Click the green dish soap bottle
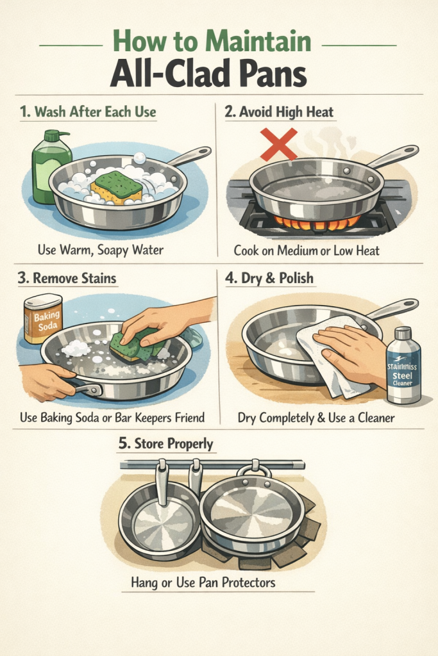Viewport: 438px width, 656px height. pyautogui.click(x=50, y=167)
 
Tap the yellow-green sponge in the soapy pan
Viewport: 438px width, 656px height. pyautogui.click(x=117, y=187)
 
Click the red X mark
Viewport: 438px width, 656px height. pyautogui.click(x=278, y=144)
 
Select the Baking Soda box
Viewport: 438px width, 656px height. pyautogui.click(x=44, y=318)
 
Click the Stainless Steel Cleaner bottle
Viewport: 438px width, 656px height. pyautogui.click(x=403, y=365)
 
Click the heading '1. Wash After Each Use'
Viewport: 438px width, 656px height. pyautogui.click(x=88, y=111)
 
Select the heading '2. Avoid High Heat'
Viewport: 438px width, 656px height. pyautogui.click(x=279, y=111)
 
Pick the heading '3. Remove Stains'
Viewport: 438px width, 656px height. pyautogui.click(x=67, y=278)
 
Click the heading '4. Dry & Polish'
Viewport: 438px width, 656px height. pyautogui.click(x=270, y=278)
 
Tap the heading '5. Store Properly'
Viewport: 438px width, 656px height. pyautogui.click(x=166, y=444)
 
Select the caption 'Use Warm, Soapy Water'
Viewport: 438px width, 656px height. pyautogui.click(x=101, y=250)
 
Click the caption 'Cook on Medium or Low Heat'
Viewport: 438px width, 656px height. pyautogui.click(x=307, y=250)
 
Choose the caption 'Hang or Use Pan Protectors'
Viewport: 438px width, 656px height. pyautogui.click(x=203, y=582)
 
